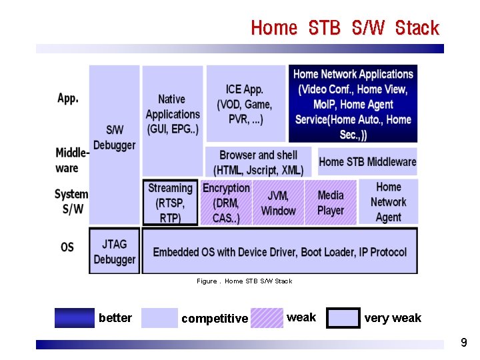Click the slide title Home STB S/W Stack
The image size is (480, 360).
tap(345, 28)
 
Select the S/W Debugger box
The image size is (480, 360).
tap(114, 138)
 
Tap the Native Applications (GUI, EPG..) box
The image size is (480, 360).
tap(172, 115)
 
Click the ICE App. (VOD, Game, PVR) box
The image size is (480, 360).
tap(245, 105)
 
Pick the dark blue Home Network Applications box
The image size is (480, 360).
tap(353, 104)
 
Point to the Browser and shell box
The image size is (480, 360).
tap(258, 162)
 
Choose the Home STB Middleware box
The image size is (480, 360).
tap(367, 161)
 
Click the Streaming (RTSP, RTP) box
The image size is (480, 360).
tap(170, 203)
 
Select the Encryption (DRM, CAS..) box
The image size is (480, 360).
tap(226, 203)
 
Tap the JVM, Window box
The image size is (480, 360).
tap(278, 203)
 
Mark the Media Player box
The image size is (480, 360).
tap(331, 203)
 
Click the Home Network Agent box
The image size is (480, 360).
tap(388, 202)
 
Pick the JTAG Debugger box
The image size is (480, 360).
tap(114, 251)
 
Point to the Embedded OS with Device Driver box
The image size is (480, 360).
tap(279, 251)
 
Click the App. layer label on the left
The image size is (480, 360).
tap(68, 98)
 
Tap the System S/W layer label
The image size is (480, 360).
tap(71, 201)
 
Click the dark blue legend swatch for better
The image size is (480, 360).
tap(74, 318)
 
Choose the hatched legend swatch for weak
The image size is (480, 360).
tap(266, 318)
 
